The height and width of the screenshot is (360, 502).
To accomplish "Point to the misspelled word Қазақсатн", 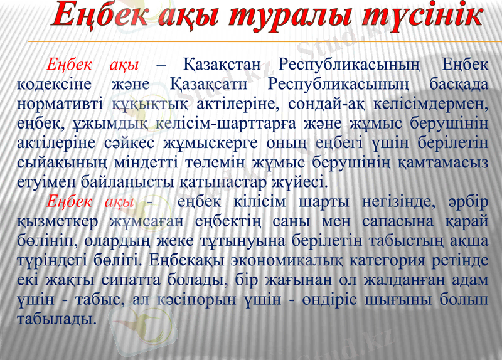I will coord(208,83).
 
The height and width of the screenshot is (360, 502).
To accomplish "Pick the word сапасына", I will coord(375,221).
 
